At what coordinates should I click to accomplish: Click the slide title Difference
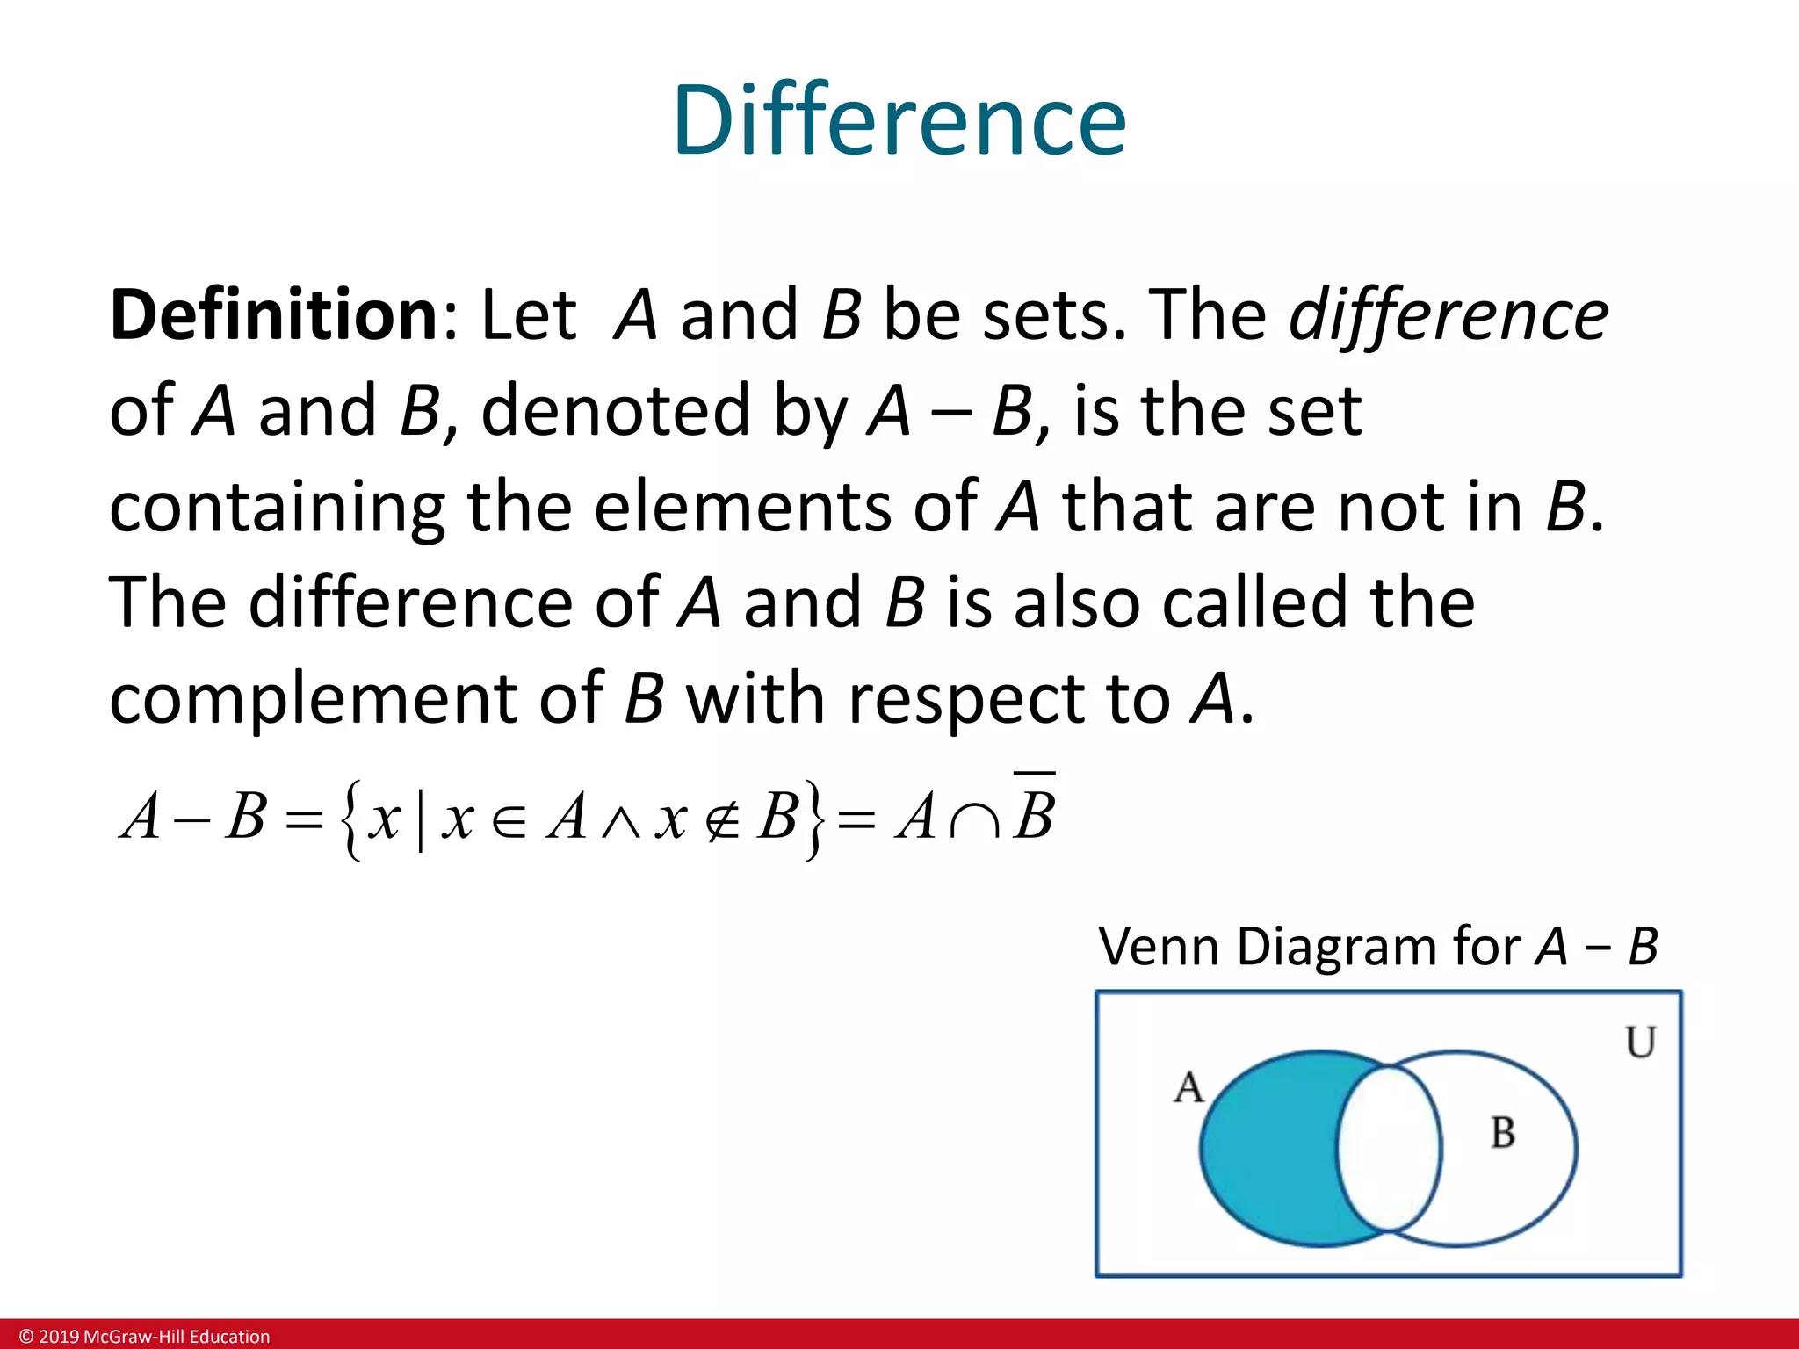pyautogui.click(x=899, y=120)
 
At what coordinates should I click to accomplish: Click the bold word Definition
pyautogui.click(x=273, y=315)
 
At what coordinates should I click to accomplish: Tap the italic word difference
pyautogui.click(x=1449, y=315)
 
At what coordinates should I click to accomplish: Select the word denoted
pyautogui.click(x=615, y=411)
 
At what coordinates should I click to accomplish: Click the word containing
pyautogui.click(x=277, y=509)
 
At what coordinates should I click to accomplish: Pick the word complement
pyautogui.click(x=313, y=700)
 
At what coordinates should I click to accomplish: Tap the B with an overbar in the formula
pyautogui.click(x=1034, y=812)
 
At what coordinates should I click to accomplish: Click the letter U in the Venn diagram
pyautogui.click(x=1640, y=1042)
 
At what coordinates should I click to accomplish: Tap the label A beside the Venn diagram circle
pyautogui.click(x=1188, y=1087)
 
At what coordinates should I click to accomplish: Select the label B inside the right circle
pyautogui.click(x=1503, y=1133)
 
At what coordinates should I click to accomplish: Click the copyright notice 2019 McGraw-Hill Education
pyautogui.click(x=145, y=1337)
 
